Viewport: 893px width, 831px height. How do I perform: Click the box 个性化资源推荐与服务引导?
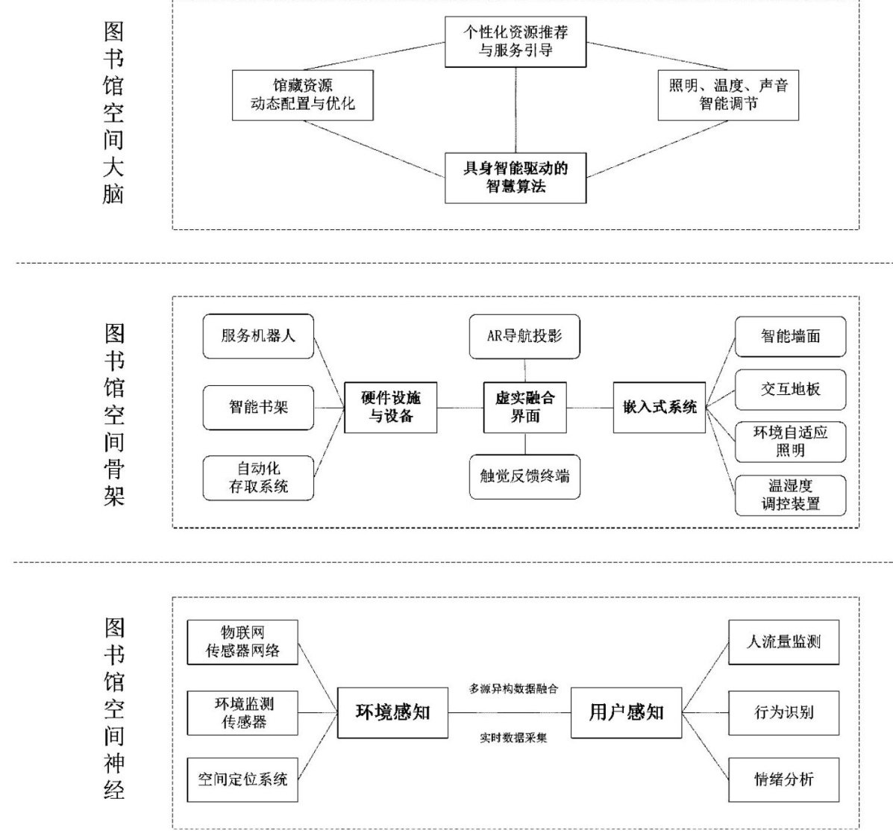pos(516,41)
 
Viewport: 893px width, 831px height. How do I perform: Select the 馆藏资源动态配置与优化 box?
pos(303,95)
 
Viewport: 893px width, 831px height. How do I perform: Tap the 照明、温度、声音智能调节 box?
pos(728,95)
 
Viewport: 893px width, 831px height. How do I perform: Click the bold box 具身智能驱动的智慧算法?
pos(516,178)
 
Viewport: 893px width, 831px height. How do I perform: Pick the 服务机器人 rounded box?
pos(258,336)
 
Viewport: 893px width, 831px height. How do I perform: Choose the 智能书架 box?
pos(258,407)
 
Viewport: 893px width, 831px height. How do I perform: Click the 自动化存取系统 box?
pos(258,478)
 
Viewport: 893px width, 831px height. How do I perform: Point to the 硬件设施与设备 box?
pos(391,407)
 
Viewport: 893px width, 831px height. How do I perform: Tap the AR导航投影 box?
pos(524,336)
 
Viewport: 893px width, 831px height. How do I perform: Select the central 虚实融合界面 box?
pos(524,407)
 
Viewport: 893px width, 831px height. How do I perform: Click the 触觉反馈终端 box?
pos(524,476)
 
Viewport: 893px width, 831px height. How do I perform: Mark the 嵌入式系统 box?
pos(659,407)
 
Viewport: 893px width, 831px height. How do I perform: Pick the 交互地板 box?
pos(791,389)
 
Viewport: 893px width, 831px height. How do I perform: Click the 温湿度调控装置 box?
pos(791,495)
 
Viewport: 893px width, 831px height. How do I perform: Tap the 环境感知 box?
pos(393,712)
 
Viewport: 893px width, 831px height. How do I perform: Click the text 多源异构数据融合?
pos(513,688)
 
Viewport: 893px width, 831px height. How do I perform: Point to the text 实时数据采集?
pos(513,738)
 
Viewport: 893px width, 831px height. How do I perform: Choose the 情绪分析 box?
pos(783,780)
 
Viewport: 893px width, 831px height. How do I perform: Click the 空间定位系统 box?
pos(243,780)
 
